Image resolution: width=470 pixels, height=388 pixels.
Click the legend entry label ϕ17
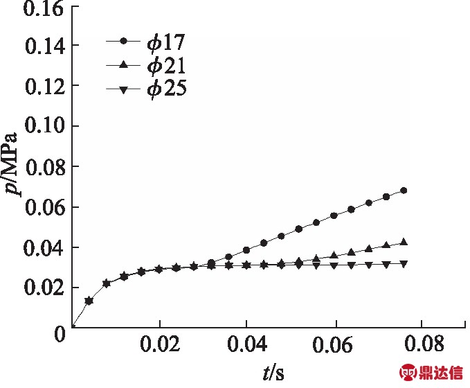coord(166,43)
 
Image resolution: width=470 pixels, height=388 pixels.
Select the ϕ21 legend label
coord(166,66)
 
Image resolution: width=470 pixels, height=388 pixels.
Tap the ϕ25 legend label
coord(166,89)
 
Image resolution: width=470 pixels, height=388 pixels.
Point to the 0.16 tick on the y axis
coord(44,9)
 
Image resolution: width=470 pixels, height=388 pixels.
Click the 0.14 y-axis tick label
coord(44,47)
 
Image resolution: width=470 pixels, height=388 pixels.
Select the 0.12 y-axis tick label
coord(44,87)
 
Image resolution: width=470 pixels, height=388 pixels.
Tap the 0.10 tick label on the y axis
coord(44,127)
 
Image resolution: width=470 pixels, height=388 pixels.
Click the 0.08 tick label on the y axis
coord(44,168)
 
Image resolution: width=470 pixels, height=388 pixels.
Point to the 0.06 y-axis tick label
coord(44,208)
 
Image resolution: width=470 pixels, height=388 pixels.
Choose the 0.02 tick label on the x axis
coord(160,346)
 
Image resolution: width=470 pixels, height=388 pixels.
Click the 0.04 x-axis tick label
coord(247,346)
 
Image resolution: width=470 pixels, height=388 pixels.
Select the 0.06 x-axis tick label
coord(335,346)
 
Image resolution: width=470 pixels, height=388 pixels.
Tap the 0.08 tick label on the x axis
coord(422,346)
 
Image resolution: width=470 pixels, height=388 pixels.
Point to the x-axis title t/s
coord(271,374)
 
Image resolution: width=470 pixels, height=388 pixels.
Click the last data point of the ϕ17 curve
coord(404,191)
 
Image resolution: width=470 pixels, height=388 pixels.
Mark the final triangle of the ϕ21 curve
coord(404,242)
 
